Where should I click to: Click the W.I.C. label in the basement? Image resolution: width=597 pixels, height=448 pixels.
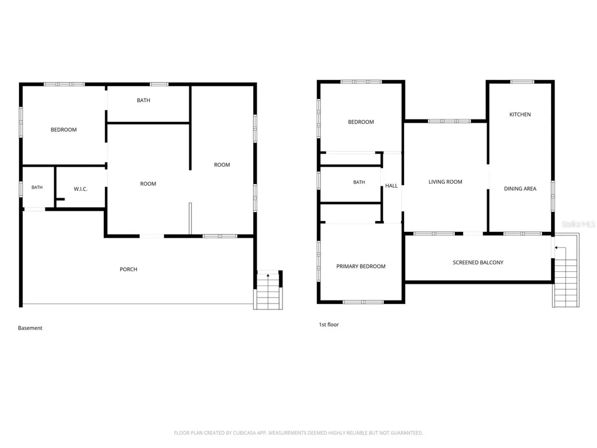click(x=81, y=189)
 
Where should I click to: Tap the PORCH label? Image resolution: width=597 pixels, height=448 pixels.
click(x=128, y=269)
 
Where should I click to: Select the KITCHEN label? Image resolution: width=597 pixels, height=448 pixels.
click(x=520, y=114)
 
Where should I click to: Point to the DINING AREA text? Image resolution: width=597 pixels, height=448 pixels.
click(x=520, y=189)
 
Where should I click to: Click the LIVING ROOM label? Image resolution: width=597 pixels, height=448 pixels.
click(x=445, y=182)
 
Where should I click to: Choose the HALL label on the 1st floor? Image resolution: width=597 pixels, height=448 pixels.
click(x=392, y=186)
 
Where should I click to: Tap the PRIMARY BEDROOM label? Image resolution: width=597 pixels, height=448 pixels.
click(x=361, y=266)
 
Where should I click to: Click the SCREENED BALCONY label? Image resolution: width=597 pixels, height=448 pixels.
click(x=478, y=262)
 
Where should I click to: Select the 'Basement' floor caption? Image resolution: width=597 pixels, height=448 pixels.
click(x=30, y=328)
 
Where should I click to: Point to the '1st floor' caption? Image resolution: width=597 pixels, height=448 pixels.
click(x=329, y=324)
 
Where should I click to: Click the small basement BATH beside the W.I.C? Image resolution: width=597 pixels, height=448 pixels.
click(x=37, y=188)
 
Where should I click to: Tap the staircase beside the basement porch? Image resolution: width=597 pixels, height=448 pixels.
click(x=268, y=290)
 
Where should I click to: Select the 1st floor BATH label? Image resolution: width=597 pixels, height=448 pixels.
click(x=359, y=182)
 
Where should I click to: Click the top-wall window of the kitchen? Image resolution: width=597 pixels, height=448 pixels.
click(x=522, y=81)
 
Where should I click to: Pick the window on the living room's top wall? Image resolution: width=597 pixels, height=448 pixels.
click(x=450, y=121)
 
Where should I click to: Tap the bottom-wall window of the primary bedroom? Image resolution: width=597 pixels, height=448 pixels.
click(x=364, y=302)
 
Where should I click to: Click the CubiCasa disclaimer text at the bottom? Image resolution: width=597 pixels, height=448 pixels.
click(x=298, y=432)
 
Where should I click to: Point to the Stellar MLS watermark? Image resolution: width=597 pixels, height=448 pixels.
click(x=578, y=224)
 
